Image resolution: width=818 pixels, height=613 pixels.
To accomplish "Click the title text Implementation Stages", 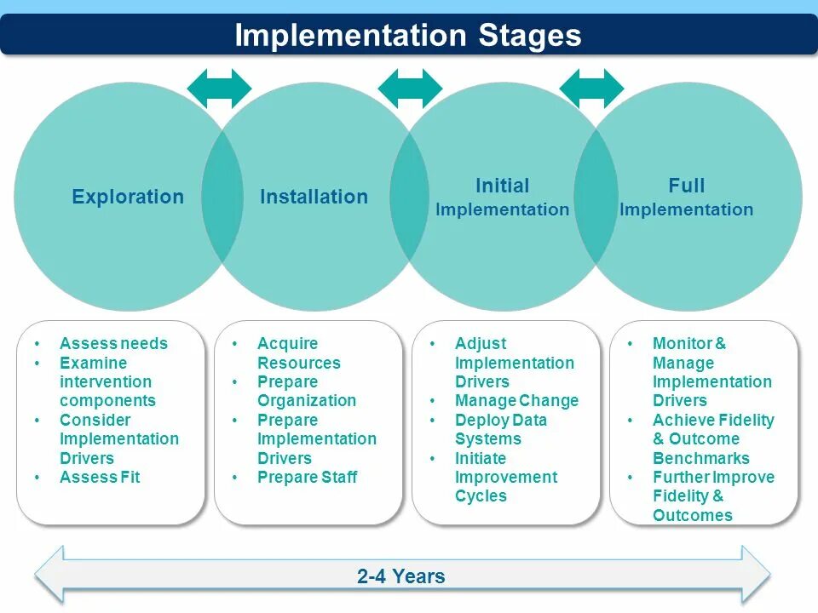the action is [408, 36].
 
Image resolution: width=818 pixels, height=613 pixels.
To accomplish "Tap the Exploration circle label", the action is [128, 197].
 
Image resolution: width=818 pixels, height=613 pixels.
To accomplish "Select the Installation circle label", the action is [314, 197].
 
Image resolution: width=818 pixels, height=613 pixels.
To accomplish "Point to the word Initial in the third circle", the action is [502, 186].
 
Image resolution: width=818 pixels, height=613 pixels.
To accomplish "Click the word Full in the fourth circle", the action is [686, 186].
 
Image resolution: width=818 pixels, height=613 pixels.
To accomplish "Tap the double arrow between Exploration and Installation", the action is [220, 88].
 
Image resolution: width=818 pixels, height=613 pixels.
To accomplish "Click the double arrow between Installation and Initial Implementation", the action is [410, 88].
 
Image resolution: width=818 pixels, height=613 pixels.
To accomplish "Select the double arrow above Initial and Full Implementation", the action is [591, 88].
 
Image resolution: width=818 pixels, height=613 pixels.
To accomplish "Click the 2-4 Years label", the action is [401, 576].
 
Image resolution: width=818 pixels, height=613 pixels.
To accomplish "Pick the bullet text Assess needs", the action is [113, 344].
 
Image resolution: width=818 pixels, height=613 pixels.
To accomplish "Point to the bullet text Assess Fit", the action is [100, 478].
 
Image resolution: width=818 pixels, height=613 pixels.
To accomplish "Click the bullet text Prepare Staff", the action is [307, 478].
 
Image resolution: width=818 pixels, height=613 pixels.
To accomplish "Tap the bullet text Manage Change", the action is [516, 401].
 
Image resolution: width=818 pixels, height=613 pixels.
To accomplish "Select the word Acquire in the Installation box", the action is [287, 344].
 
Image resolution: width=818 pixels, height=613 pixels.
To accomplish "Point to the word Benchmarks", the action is [701, 459].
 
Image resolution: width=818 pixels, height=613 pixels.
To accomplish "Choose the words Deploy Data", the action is [501, 421].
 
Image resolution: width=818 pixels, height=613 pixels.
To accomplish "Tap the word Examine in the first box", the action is [93, 364].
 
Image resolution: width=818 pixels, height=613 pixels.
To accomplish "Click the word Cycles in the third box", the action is [481, 496].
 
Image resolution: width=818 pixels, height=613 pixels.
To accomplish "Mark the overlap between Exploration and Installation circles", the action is [222, 197].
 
